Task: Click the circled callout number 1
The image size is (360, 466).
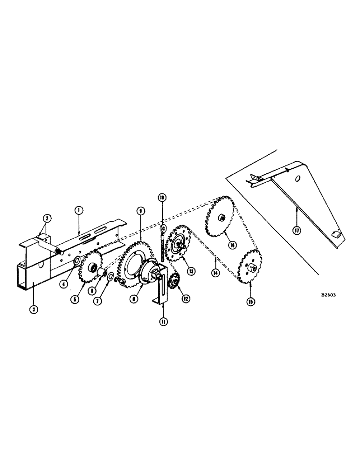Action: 79,211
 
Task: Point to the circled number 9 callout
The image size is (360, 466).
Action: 139,211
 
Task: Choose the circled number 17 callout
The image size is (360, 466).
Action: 297,229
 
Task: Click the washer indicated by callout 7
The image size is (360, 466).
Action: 111,279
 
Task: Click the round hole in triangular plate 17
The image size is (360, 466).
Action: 297,178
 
